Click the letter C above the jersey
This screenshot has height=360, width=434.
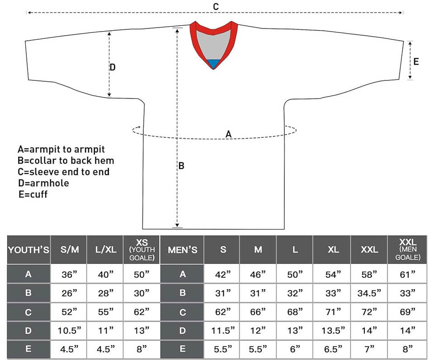216,6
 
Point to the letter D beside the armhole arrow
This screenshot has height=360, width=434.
113,67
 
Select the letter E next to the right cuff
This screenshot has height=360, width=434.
416,61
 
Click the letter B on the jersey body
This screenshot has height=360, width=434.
181,166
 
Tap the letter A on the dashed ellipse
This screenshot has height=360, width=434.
228,134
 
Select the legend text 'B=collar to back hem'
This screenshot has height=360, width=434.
66,160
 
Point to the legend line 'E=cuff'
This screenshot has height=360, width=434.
33,194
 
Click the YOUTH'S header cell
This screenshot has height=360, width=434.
28,249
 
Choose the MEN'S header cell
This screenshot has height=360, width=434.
182,249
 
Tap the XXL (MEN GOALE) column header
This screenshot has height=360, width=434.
408,249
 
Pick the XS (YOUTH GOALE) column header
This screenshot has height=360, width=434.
142,249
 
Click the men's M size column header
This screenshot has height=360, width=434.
258,249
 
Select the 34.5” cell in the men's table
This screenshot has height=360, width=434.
369,293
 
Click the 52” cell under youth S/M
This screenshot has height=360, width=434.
69,312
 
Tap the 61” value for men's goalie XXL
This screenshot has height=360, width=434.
408,274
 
